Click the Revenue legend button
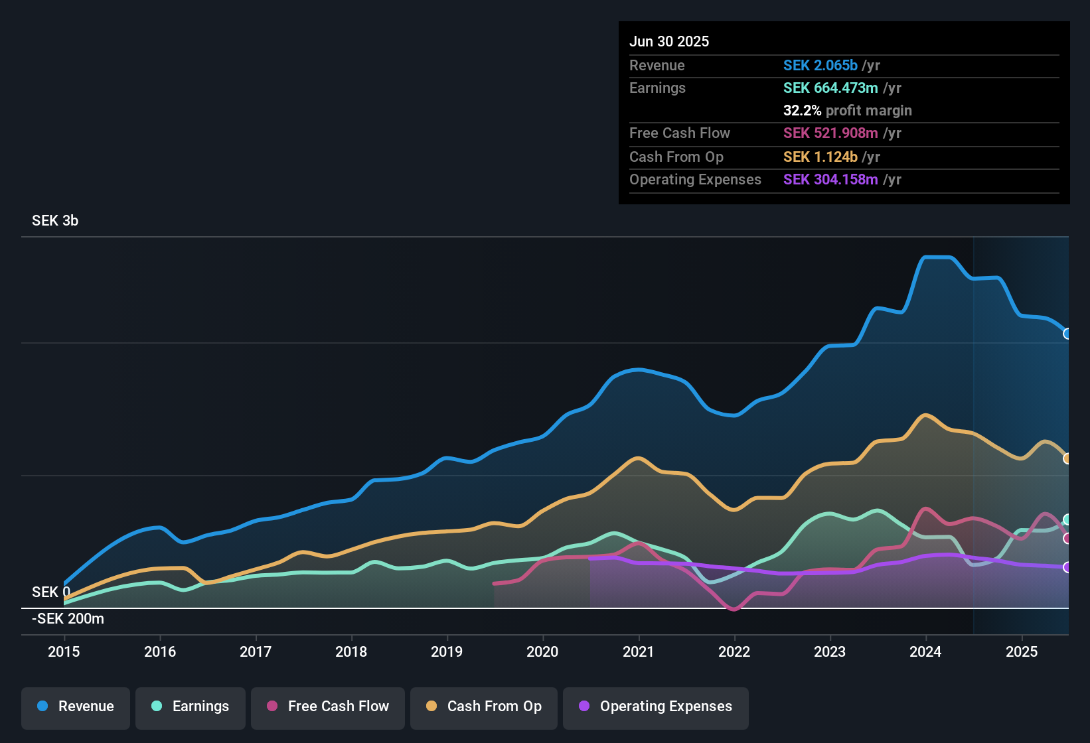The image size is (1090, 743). click(x=76, y=707)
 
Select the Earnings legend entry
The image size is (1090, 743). click(x=191, y=707)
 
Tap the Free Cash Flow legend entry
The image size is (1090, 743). click(x=328, y=707)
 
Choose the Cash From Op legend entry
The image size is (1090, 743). click(x=484, y=707)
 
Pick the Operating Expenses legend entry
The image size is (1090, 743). click(x=656, y=707)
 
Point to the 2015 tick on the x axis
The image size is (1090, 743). click(x=64, y=651)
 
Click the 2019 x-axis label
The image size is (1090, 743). click(x=447, y=651)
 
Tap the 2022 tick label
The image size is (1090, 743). click(x=734, y=651)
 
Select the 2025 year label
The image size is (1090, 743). click(x=1022, y=651)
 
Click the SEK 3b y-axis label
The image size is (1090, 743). click(x=55, y=221)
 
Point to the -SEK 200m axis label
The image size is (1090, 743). click(x=68, y=619)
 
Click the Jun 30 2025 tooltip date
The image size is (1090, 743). click(x=669, y=42)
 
